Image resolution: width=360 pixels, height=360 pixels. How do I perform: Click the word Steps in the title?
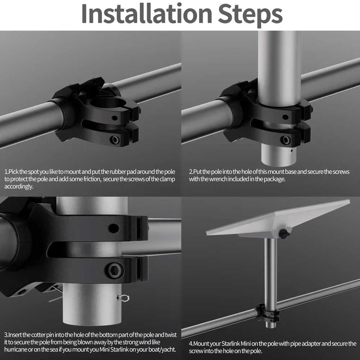pos(250,15)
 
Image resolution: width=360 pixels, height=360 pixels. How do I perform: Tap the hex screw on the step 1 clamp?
pos(114,140)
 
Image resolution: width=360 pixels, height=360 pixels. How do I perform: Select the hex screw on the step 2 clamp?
pos(285,140)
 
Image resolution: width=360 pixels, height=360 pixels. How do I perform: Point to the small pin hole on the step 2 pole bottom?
pos(291,151)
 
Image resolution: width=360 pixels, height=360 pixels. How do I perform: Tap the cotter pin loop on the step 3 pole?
pos(123,298)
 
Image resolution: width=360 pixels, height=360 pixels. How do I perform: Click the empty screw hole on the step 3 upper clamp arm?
pos(114,228)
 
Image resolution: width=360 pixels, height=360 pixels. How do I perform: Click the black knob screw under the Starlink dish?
pos(284,234)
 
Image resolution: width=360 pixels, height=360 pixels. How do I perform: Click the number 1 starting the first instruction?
pos(6,172)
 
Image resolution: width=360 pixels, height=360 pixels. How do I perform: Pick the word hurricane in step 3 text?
pos(15,350)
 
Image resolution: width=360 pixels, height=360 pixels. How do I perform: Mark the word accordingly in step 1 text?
pos(19,186)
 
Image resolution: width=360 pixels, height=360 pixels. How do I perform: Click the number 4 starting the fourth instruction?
pos(190,344)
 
